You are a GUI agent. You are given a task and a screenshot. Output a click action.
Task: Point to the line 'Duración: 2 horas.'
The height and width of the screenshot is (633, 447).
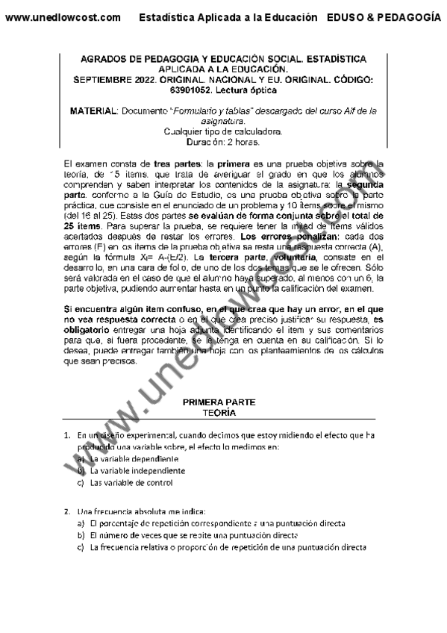223,140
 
